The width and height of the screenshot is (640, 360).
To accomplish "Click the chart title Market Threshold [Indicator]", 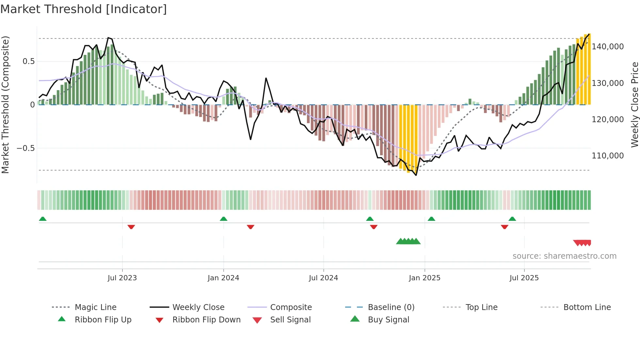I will point(84,9).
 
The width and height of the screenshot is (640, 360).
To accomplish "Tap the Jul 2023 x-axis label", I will point(122,278).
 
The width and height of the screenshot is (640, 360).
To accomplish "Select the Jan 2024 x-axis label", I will point(223,278).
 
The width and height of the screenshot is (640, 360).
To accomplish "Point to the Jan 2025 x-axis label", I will point(424,278).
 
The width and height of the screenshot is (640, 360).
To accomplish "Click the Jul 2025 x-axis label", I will point(524,278).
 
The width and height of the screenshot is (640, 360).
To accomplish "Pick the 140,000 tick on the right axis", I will point(608,47).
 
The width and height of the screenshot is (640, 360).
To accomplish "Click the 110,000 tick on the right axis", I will point(608,156).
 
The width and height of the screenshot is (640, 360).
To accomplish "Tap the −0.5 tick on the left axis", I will point(26,148).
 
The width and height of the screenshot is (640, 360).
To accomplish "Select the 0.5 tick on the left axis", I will point(28,61).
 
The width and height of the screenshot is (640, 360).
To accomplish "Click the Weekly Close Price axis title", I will point(634,105).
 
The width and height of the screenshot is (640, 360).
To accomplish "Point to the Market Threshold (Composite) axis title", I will point(5,105).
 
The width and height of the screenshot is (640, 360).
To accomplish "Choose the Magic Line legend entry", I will point(95,307).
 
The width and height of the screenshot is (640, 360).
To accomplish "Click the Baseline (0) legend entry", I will point(391,307).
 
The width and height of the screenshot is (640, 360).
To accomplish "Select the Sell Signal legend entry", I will point(290,320).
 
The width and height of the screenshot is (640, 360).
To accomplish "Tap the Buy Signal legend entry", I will point(388,320).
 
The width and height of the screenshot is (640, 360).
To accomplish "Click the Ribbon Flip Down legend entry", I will point(206,320).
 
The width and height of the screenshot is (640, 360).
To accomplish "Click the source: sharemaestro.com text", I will point(564,256).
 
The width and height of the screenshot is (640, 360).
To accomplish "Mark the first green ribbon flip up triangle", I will point(43,219).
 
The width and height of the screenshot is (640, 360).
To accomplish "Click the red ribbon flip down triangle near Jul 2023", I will point(131,227).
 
